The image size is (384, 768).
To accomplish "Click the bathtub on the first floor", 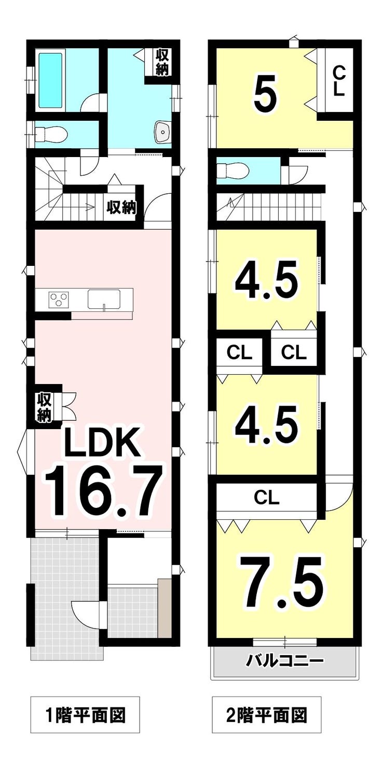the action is coord(51,80).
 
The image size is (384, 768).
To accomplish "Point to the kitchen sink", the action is coord(105,300).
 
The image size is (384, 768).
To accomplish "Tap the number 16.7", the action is coord(102,491).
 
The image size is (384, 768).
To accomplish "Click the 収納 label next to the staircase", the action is coord(121,207).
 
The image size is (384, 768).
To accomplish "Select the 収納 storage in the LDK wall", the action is coord(45,408).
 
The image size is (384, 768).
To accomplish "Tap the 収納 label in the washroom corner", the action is coord(162,62).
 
